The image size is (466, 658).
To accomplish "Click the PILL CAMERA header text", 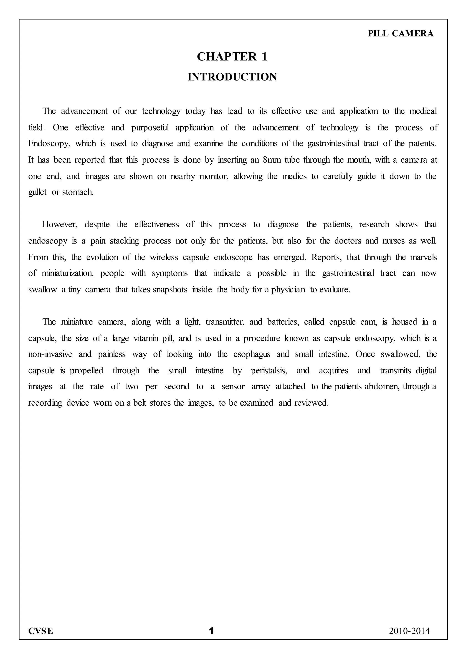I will [400, 34].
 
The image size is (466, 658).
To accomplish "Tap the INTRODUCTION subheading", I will [232, 77].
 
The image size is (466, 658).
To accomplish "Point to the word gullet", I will [37, 192].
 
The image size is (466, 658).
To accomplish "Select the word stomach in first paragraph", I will [78, 192].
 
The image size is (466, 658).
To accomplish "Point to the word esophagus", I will [252, 354].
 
